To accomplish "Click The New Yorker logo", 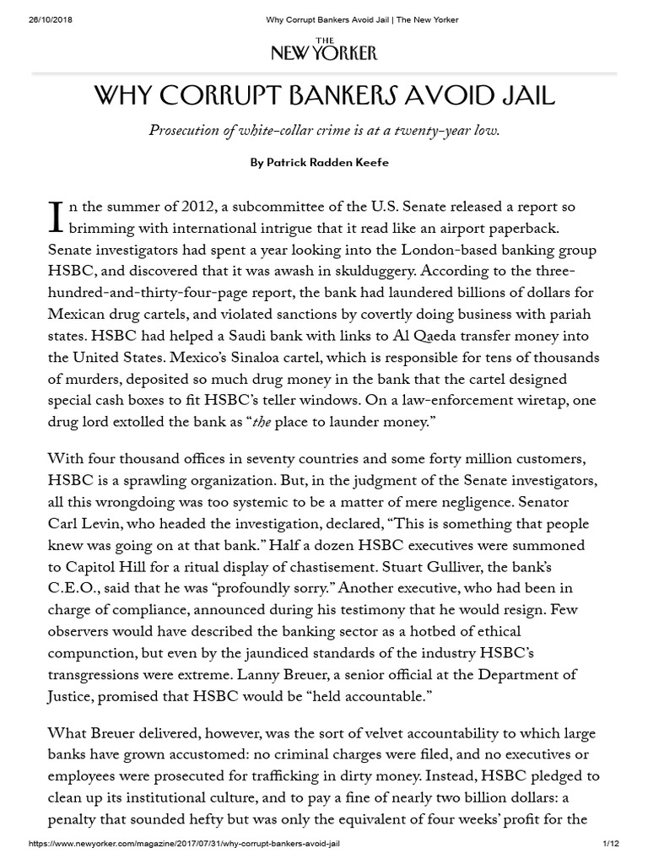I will point(323,51).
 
